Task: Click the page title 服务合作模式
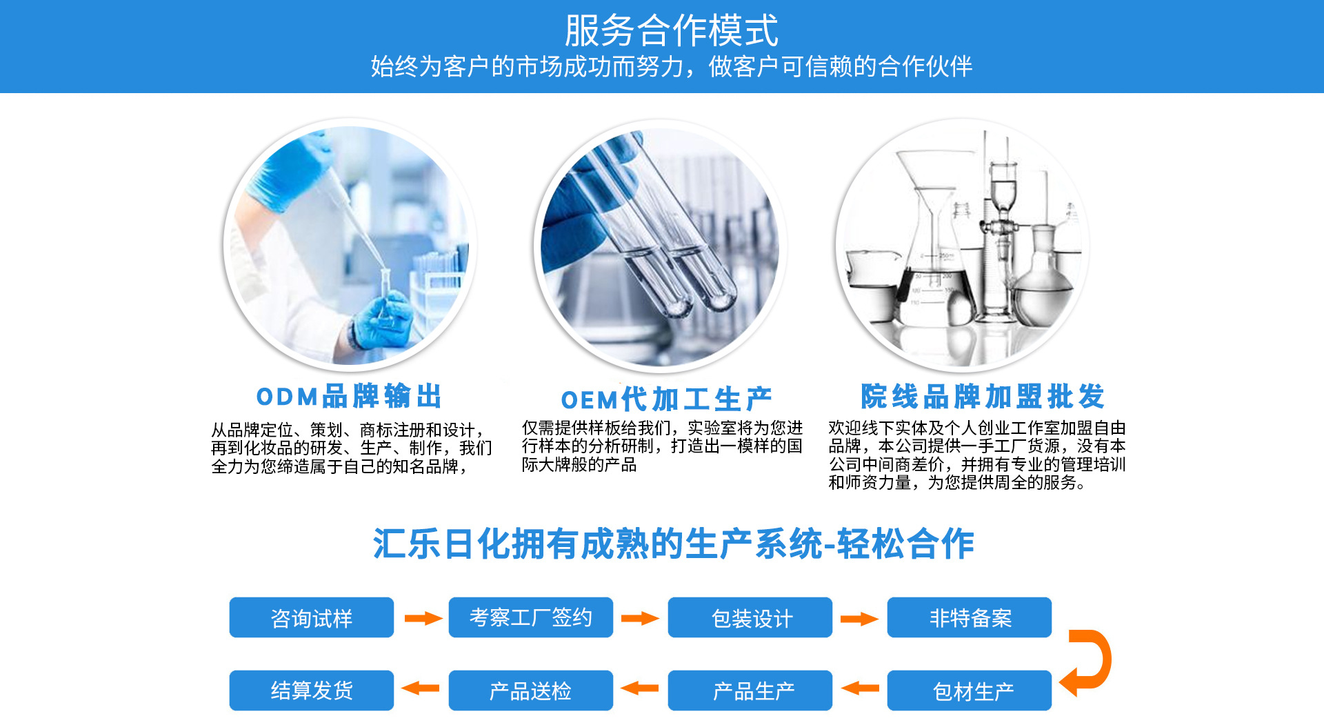pyautogui.click(x=671, y=30)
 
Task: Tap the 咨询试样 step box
pyautogui.click(x=312, y=617)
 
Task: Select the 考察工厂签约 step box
pyautogui.click(x=531, y=617)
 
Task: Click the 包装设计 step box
pyautogui.click(x=750, y=617)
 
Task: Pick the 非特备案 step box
pyautogui.click(x=970, y=617)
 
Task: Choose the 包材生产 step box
pyautogui.click(x=970, y=691)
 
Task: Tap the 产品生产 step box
pyautogui.click(x=750, y=691)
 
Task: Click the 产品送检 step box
pyautogui.click(x=531, y=691)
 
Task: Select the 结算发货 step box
pyautogui.click(x=312, y=691)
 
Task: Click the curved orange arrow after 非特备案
pyautogui.click(x=1105, y=659)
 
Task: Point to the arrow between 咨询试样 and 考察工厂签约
pyautogui.click(x=423, y=618)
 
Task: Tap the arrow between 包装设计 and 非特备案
pyautogui.click(x=859, y=619)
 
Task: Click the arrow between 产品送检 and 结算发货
pyautogui.click(x=421, y=688)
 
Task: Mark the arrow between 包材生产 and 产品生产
pyautogui.click(x=860, y=688)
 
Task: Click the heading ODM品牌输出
pyautogui.click(x=349, y=397)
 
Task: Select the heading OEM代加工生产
pyautogui.click(x=666, y=399)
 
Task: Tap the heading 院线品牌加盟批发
pyautogui.click(x=983, y=397)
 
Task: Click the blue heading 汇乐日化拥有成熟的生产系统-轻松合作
pyautogui.click(x=673, y=544)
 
